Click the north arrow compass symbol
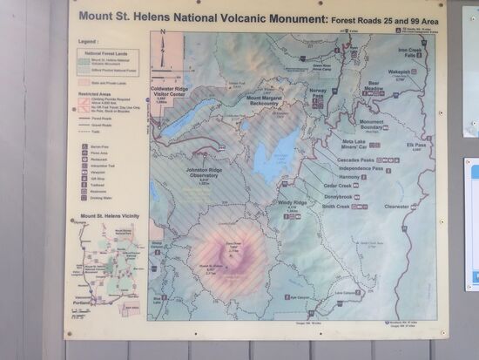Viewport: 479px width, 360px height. pyautogui.click(x=162, y=49)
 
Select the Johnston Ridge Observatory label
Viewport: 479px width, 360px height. pyautogui.click(x=205, y=173)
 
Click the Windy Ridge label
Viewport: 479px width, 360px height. pyautogui.click(x=292, y=203)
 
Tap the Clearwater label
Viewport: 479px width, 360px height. pyautogui.click(x=396, y=207)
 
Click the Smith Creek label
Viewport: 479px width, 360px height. pyautogui.click(x=334, y=207)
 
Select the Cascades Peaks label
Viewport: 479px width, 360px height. pyautogui.click(x=355, y=160)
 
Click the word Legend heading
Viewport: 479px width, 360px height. pyautogui.click(x=87, y=40)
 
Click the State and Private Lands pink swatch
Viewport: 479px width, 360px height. pyautogui.click(x=84, y=80)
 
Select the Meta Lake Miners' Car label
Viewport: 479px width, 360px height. pyautogui.click(x=360, y=144)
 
